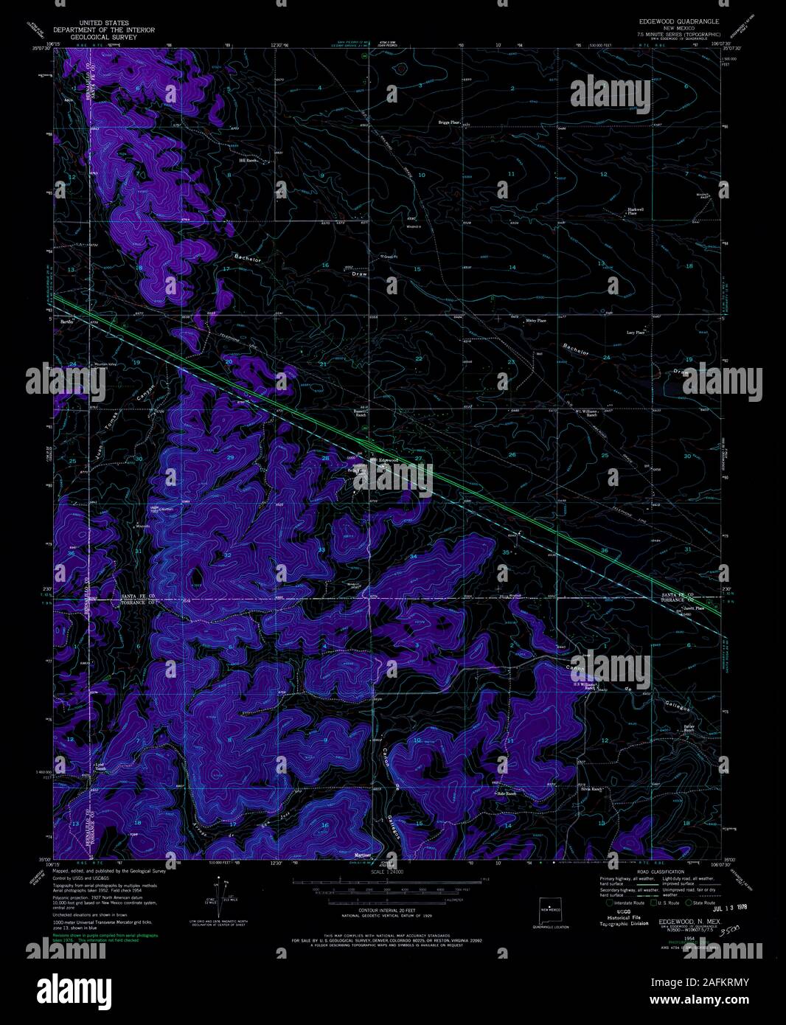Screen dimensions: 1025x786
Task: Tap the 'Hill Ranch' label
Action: click(x=246, y=159)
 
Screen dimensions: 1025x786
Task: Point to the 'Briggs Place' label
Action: click(x=448, y=122)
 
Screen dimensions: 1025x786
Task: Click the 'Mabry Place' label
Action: click(x=536, y=321)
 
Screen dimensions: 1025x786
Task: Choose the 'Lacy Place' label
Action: click(x=636, y=333)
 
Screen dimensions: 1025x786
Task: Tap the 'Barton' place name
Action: click(x=67, y=323)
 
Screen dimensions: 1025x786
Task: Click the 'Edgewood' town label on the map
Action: click(x=388, y=460)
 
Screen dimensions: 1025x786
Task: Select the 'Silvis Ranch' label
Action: click(x=592, y=789)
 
